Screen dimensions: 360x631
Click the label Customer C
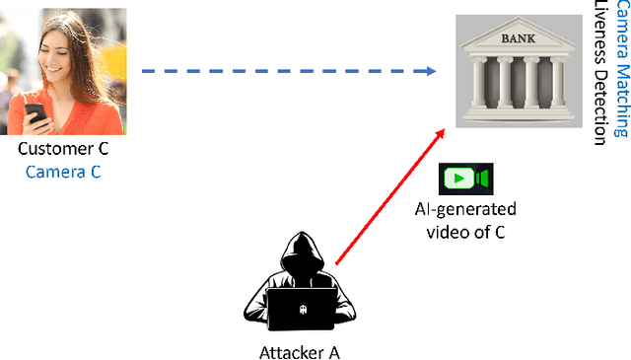pos(63,150)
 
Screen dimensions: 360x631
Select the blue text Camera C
pos(63,172)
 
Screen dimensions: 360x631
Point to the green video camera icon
pos(464,178)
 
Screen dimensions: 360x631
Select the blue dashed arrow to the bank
pos(286,71)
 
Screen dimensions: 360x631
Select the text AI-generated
pos(464,209)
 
